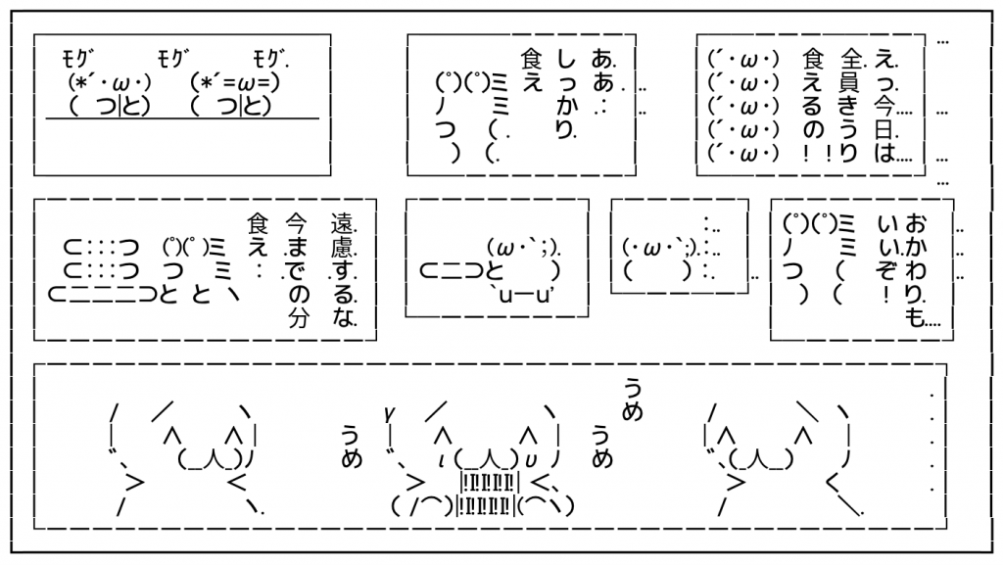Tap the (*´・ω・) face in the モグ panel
(x=108, y=79)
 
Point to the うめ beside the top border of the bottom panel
(x=632, y=399)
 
